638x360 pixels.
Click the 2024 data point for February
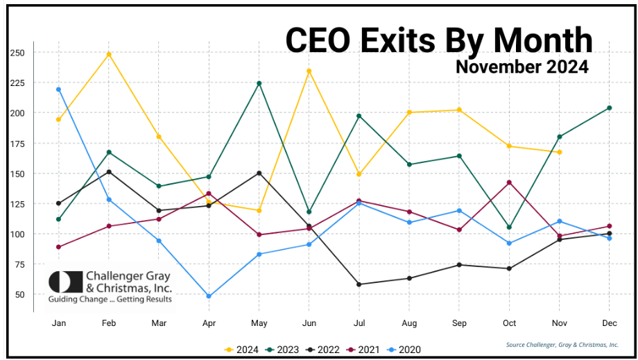(108, 54)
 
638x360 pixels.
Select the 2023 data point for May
(259, 83)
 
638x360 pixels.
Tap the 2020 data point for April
(209, 296)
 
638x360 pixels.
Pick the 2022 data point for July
(359, 284)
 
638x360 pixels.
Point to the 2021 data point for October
(509, 182)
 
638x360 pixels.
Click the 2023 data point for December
(609, 108)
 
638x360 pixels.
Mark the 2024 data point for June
(309, 71)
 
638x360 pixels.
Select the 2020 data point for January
(58, 89)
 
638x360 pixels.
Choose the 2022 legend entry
(324, 350)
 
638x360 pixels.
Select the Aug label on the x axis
(408, 323)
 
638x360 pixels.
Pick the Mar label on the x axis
(158, 323)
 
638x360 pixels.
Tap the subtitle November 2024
(521, 67)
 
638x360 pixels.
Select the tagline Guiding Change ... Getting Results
(110, 300)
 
